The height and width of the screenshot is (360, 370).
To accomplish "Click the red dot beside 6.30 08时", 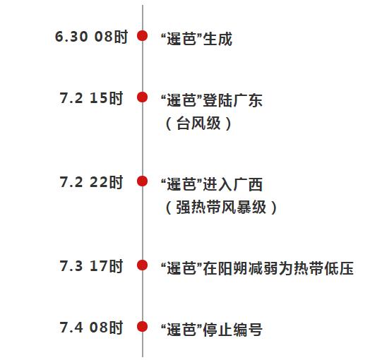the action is (x=143, y=35).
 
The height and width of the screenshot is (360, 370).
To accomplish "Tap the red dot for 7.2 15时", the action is (x=143, y=97).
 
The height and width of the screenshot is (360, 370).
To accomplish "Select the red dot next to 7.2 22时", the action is (x=143, y=181).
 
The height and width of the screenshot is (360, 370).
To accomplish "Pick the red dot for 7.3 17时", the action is (x=143, y=265).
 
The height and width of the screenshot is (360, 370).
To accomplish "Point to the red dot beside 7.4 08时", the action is (x=143, y=327).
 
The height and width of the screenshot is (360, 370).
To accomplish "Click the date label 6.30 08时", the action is (x=92, y=37).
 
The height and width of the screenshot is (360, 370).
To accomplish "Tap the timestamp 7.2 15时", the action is (x=91, y=98).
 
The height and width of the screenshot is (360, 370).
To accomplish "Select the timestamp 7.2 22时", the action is (x=91, y=182).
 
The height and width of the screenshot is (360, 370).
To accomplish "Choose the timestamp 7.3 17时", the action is (x=91, y=266).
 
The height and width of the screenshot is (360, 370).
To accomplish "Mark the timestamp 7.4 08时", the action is (x=91, y=328).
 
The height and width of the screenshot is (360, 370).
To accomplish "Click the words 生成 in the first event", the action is (x=217, y=39).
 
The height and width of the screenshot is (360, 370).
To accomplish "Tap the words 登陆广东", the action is (x=233, y=100).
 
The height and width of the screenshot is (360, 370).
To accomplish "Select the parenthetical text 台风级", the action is (x=198, y=123).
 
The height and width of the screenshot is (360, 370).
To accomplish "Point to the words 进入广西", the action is (x=233, y=184).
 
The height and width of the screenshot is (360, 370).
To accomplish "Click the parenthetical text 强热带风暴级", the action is (x=221, y=208).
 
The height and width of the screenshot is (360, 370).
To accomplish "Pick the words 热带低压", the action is (x=323, y=268).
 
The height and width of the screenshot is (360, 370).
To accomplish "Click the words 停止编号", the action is (x=233, y=330).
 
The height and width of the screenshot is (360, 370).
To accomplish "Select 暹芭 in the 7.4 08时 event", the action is (x=181, y=330).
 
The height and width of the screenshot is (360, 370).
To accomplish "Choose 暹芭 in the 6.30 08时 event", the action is (x=181, y=39).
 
